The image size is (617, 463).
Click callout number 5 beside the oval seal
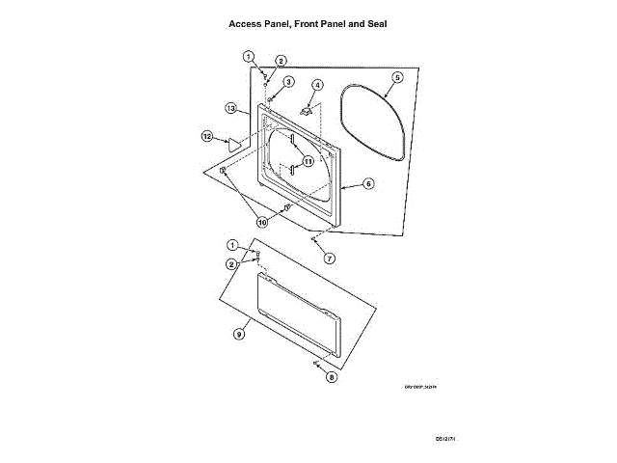pyautogui.click(x=397, y=76)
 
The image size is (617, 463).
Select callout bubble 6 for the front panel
pyautogui.click(x=369, y=183)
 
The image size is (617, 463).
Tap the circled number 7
pyautogui.click(x=329, y=258)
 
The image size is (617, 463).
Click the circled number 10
pyautogui.click(x=262, y=222)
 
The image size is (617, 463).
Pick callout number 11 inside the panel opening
pyautogui.click(x=308, y=160)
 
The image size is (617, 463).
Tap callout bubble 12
pyautogui.click(x=206, y=136)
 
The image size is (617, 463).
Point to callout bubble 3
pyautogui.click(x=287, y=82)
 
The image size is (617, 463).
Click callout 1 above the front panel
pyautogui.click(x=249, y=56)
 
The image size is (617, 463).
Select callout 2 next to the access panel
pyautogui.click(x=232, y=263)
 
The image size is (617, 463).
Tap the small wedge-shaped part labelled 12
pyautogui.click(x=232, y=142)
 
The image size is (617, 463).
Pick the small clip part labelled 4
pyautogui.click(x=308, y=111)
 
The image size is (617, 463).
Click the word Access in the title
pyautogui.click(x=246, y=22)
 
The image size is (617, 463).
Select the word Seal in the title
pyautogui.click(x=373, y=22)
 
